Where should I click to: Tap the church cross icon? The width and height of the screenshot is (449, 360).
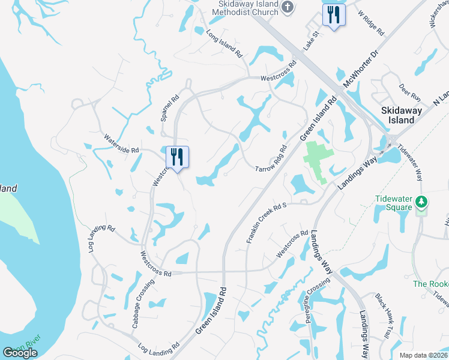click(x=288, y=7)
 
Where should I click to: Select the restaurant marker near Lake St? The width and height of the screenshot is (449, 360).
click(x=334, y=14)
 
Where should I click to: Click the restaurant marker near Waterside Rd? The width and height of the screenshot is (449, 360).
click(x=177, y=157)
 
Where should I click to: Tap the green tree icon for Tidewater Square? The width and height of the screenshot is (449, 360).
click(x=423, y=202)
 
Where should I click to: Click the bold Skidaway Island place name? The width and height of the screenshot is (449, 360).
click(x=398, y=115)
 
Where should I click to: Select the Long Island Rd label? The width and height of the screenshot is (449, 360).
click(x=224, y=44)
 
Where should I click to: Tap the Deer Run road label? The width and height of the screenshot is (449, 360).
click(x=410, y=92)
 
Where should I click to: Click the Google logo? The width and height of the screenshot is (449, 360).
click(x=20, y=353)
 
